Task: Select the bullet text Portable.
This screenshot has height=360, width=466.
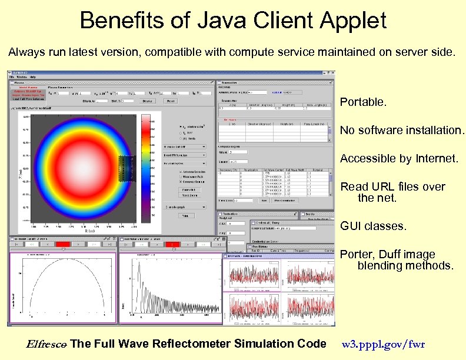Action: pos(363,102)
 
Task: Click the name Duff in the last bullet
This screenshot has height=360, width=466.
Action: pos(391,255)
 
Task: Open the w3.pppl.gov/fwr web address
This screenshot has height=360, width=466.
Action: pos(382,344)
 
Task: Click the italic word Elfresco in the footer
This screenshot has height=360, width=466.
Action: pos(46,344)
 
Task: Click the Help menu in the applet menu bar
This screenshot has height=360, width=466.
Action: pos(33,76)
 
